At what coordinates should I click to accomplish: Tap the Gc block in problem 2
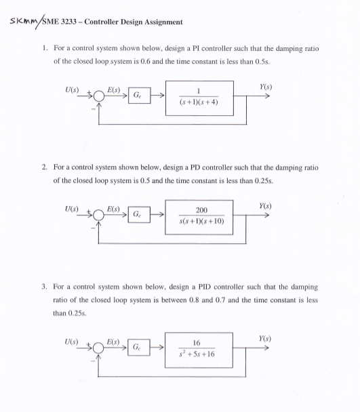(138, 215)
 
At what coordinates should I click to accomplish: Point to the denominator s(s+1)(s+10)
(201, 222)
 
